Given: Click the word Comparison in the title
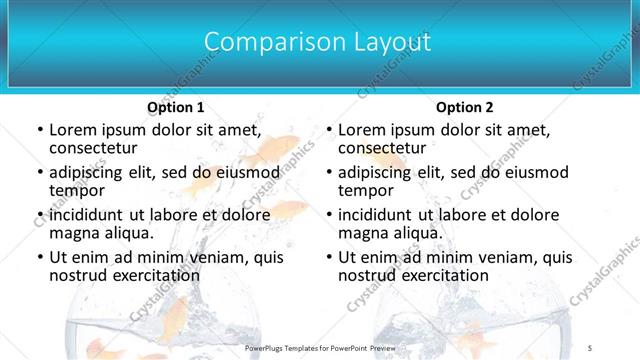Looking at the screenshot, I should click(263, 42).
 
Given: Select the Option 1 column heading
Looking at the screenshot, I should click(176, 107).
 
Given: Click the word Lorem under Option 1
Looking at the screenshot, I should click(75, 130).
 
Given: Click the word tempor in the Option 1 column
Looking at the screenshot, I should click(76, 191).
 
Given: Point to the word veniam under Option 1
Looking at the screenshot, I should click(221, 258).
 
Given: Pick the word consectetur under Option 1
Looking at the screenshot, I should click(94, 148).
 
